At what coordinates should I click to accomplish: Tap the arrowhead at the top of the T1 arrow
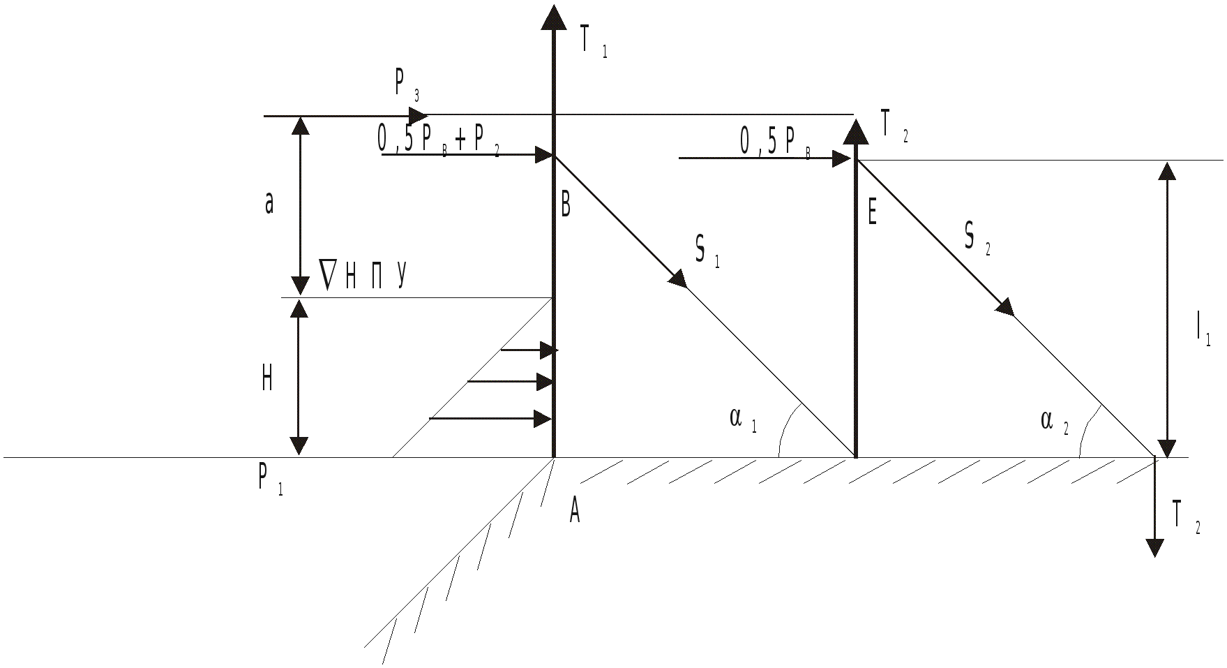coord(554,17)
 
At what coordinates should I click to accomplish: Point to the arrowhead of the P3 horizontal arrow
coord(419,115)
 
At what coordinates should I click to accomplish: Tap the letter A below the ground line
coord(574,512)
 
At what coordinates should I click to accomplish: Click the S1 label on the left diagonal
coord(707,251)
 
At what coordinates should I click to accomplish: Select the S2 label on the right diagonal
coord(977,239)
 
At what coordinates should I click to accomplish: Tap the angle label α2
coord(1054,422)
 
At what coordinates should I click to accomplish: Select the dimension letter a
coord(269,205)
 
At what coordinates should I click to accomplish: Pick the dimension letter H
coord(266,379)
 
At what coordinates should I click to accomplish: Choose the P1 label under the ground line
coord(271,480)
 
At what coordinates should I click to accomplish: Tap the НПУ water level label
coord(363,274)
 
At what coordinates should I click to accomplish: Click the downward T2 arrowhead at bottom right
coord(1155,547)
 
